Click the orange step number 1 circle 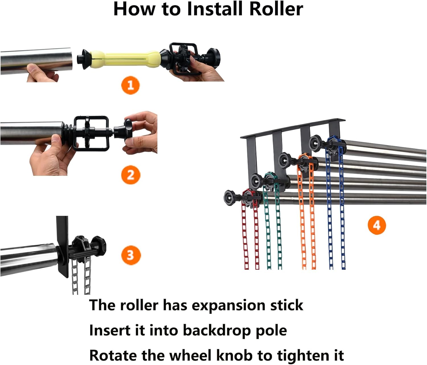coord(130,85)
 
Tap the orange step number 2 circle coord(130,175)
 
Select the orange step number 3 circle coord(130,255)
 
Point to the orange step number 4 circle coord(376,225)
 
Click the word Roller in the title coord(276,9)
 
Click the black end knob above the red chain coord(230,196)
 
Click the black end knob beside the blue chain coord(316,141)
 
